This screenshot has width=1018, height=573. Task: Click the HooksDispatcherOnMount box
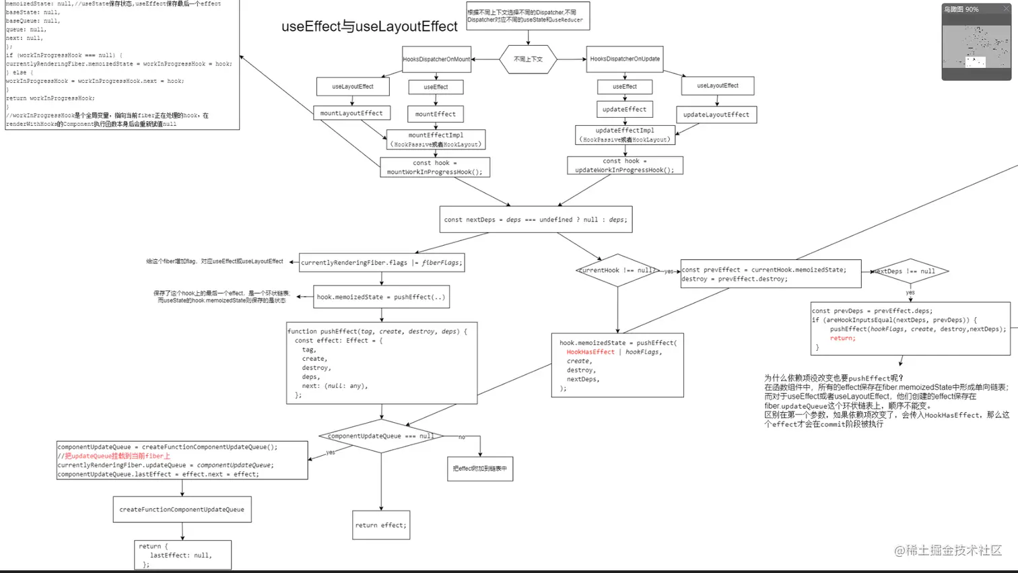[436, 59]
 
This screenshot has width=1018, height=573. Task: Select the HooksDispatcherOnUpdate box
[625, 59]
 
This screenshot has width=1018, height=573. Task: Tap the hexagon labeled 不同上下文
[528, 59]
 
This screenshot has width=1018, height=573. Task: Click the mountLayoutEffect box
[351, 113]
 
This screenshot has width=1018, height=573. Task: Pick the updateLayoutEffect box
[716, 114]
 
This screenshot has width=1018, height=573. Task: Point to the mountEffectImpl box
[436, 139]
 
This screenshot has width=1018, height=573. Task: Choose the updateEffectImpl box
[625, 135]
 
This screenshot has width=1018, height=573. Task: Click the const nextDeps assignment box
[536, 220]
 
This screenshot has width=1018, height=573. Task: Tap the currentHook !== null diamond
[617, 271]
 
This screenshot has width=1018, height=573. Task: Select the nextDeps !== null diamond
[910, 271]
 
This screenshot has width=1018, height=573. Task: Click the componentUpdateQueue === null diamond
[381, 436]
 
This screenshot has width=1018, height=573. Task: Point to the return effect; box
[381, 525]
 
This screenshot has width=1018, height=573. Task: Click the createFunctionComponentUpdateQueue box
[182, 510]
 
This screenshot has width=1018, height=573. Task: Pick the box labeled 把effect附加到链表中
[480, 469]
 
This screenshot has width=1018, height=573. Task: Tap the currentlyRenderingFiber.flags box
[382, 263]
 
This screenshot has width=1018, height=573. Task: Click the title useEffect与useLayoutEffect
[370, 27]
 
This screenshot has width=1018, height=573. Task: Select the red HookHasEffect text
[590, 352]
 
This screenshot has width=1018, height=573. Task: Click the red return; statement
[842, 338]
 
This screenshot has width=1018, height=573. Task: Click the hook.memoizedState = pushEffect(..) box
[381, 297]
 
